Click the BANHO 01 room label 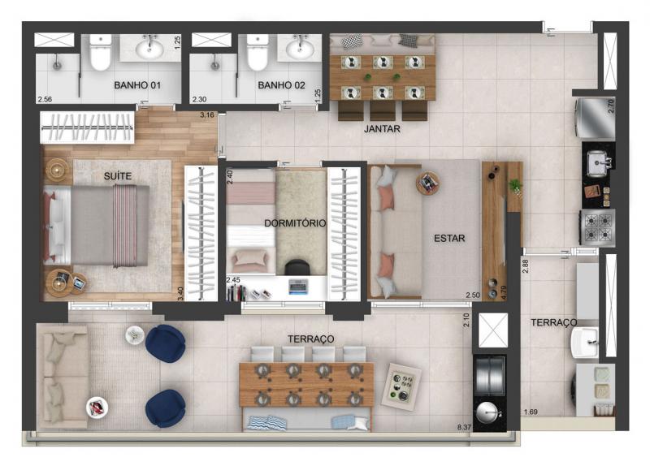pos(137,85)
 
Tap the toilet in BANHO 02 pos(257,53)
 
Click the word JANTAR pos(382,129)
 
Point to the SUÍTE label pos(118,176)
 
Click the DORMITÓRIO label pos(295,223)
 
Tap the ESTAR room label pos(449,238)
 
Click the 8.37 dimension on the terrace pos(464,427)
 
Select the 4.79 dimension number pos(504,292)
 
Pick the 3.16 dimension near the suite pos(207,114)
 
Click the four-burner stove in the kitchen pos(597,227)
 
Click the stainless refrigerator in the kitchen pos(595,118)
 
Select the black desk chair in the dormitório pos(297,267)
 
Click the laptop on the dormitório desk pos(298,287)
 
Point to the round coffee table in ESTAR pos(428,183)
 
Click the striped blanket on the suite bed pos(125,226)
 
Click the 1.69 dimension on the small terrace pos(531,412)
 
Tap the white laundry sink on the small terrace pos(585,342)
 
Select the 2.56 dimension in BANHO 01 pos(45,99)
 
